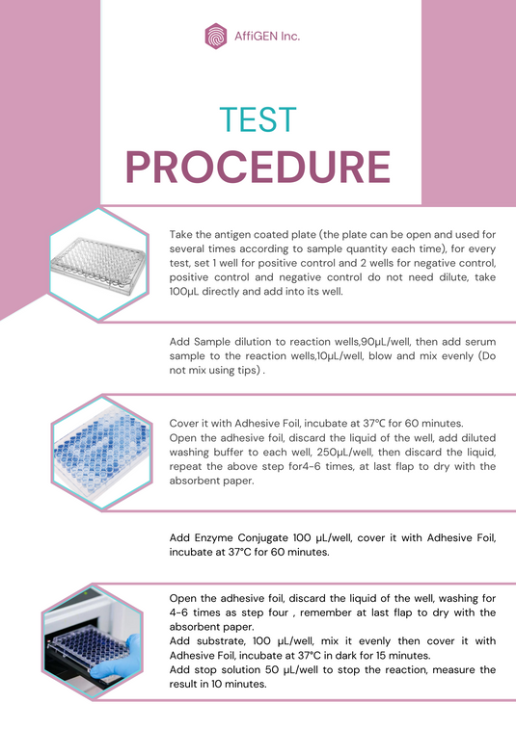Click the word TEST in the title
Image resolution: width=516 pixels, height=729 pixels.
(258, 119)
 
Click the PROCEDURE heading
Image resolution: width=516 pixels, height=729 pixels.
(258, 168)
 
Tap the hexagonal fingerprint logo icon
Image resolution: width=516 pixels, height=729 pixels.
(216, 37)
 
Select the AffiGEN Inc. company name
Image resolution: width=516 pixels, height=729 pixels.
(267, 37)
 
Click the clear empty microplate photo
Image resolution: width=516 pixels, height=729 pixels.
(98, 264)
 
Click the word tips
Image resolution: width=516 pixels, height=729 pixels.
(248, 371)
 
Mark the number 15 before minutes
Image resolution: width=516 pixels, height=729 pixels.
(384, 656)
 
